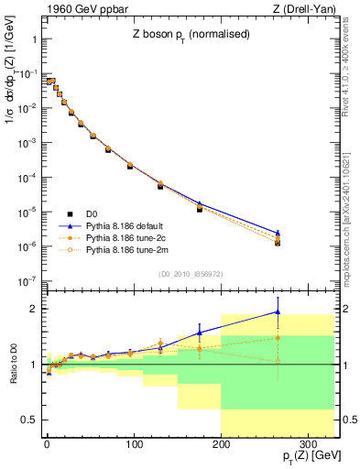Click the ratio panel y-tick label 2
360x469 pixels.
pos(33,309)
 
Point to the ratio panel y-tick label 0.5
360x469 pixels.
pos(29,420)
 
